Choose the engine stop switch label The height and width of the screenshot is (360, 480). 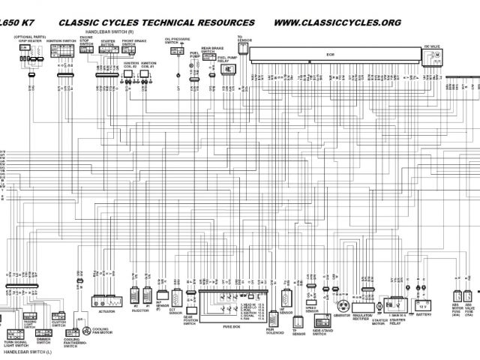86,40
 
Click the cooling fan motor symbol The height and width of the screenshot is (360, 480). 88,331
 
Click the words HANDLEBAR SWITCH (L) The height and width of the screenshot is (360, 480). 28,352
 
